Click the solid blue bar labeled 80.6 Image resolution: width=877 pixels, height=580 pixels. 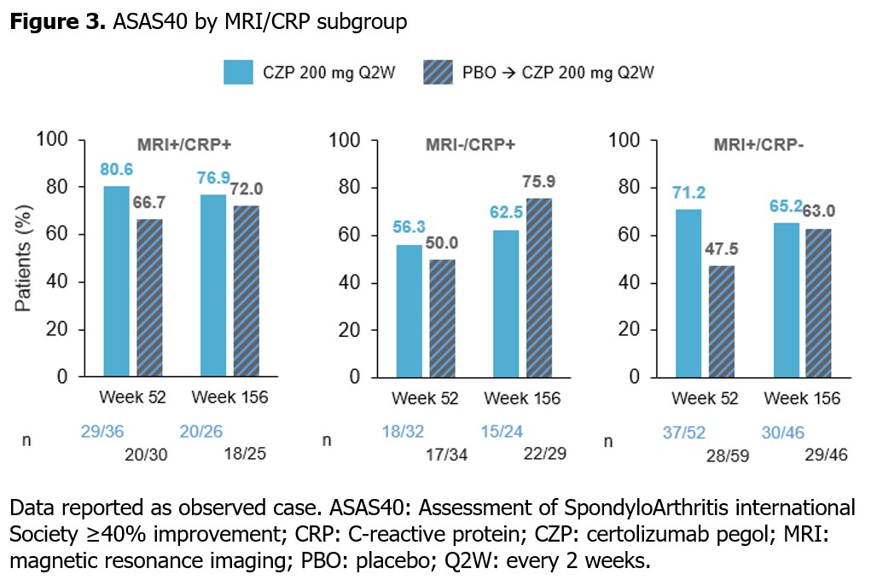116,281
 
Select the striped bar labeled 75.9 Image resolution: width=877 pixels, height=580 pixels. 539,287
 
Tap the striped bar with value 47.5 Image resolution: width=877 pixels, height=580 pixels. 722,321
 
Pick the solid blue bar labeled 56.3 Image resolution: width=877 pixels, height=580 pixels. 409,311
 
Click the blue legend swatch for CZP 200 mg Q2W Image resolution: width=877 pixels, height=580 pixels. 238,72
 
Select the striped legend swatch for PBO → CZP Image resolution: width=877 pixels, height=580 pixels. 438,72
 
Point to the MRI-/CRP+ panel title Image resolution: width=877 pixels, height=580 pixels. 470,145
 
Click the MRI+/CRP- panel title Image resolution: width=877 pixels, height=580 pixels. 758,145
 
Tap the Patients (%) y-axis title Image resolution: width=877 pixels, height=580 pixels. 23,258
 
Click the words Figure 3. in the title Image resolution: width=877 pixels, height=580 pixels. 58,22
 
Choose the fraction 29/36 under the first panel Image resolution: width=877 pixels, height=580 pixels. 102,432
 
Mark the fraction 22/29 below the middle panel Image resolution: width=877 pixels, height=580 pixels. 545,453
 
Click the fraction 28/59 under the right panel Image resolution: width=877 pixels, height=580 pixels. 727,455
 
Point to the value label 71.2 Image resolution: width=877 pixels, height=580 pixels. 688,193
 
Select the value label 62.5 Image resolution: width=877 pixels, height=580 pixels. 506,212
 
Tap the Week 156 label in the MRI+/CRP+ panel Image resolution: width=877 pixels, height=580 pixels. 229,397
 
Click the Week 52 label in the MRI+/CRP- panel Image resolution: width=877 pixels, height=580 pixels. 705,398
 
